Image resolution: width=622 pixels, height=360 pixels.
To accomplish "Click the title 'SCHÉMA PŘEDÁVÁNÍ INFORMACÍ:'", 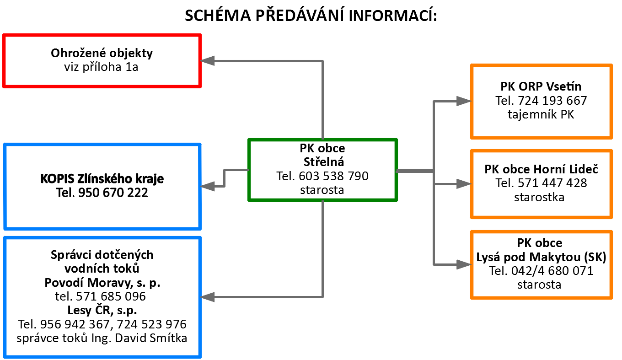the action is [x=311, y=15].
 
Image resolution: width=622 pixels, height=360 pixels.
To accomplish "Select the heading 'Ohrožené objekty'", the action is [x=102, y=53].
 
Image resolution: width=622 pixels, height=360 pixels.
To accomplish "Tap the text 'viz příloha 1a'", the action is [x=101, y=67].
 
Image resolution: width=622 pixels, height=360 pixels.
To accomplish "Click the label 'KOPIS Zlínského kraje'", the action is [x=102, y=178].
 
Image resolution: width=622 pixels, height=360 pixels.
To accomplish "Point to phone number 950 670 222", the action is [x=113, y=193].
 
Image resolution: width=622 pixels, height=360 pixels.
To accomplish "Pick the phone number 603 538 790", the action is [x=333, y=176].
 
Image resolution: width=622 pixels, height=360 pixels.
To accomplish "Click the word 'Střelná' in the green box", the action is [x=324, y=161].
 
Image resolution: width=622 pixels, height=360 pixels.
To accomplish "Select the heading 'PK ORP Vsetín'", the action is [x=541, y=86].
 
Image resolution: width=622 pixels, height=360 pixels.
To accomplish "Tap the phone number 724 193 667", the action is [x=552, y=101].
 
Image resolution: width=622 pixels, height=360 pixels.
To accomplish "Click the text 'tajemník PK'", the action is [x=541, y=114].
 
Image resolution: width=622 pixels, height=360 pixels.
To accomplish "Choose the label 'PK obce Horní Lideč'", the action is [x=541, y=169].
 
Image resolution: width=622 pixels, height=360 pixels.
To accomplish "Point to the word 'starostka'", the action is [x=539, y=197].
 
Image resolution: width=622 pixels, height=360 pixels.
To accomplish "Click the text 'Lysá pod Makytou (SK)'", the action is [x=541, y=257].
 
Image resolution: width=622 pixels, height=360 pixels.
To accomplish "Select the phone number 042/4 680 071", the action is [x=552, y=271].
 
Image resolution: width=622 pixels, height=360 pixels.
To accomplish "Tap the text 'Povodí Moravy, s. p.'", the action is [x=102, y=283].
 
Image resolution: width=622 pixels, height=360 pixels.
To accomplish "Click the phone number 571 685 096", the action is [x=111, y=296].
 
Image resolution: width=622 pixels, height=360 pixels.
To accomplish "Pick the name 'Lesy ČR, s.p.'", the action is [x=102, y=310].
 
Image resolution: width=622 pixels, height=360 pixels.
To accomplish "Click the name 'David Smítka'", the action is [x=151, y=338].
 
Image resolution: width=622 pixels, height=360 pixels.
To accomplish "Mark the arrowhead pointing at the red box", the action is [x=207, y=60].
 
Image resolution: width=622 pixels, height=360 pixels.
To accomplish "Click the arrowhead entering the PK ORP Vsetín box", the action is [x=464, y=101].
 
